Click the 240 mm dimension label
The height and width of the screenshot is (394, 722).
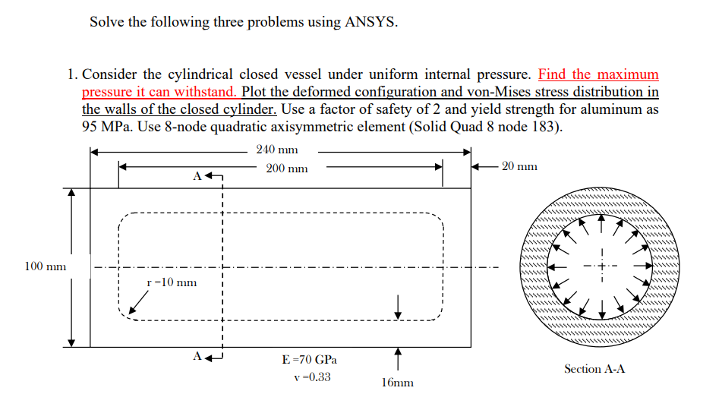[277, 150]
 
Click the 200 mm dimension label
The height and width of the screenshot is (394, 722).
[286, 169]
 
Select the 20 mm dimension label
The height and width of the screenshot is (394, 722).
[520, 165]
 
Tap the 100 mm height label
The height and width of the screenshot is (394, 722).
[44, 266]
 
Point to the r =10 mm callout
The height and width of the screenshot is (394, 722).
[172, 282]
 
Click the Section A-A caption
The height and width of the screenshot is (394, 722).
[594, 369]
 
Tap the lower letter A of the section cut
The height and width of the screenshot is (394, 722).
[197, 355]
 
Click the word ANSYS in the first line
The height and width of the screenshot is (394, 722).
[371, 21]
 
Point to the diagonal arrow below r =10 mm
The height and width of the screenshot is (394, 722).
[138, 303]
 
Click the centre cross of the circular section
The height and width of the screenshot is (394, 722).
[601, 266]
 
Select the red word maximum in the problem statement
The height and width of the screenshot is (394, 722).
[628, 74]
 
